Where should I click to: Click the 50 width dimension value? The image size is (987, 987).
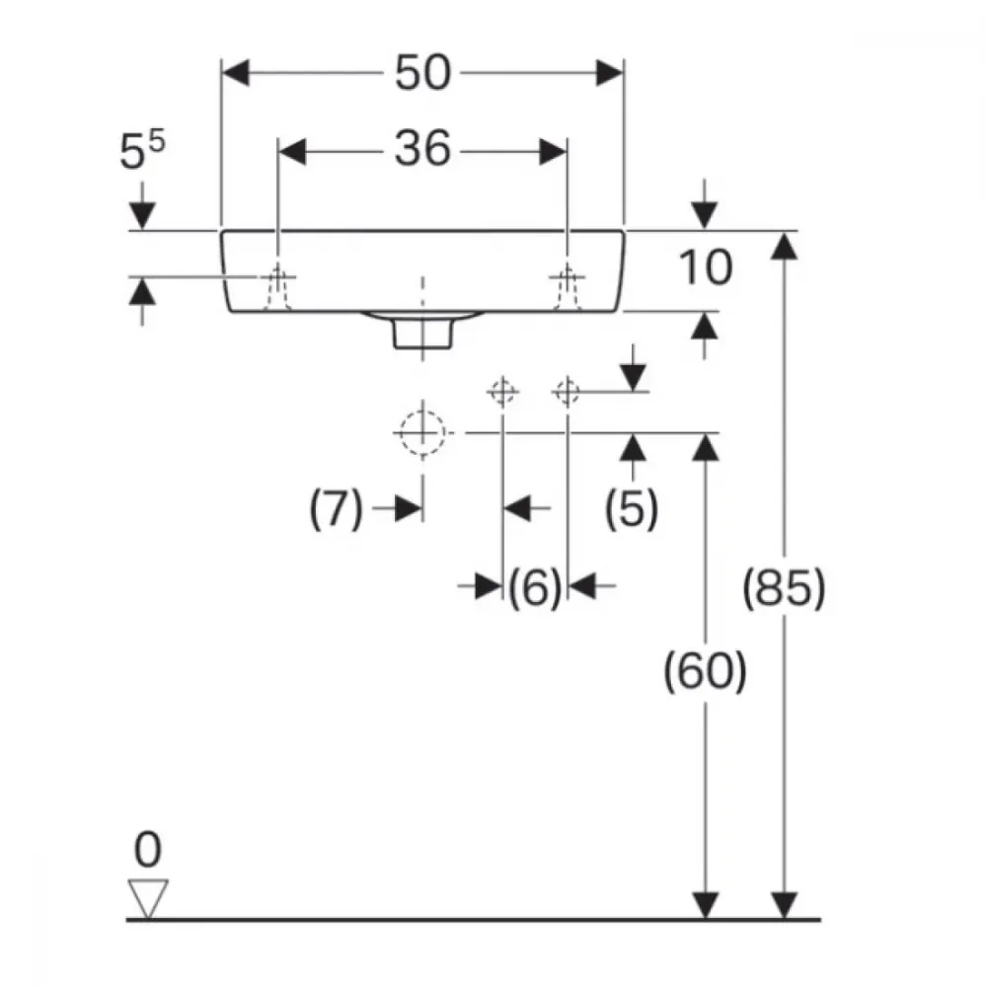(x=422, y=73)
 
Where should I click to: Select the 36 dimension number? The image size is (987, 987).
(x=422, y=149)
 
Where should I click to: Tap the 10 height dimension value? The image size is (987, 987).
(x=705, y=267)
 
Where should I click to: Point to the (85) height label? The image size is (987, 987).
(x=784, y=588)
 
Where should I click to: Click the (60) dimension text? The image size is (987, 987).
(x=705, y=671)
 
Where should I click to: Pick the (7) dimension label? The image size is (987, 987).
(x=337, y=508)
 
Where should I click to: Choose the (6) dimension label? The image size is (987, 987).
(x=534, y=587)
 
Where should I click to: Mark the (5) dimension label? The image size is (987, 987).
(x=632, y=508)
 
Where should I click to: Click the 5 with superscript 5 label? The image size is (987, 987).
(x=142, y=150)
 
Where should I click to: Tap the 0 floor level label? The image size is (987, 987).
(x=148, y=850)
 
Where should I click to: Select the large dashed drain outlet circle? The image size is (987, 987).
(x=422, y=433)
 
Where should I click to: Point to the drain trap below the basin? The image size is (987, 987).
(x=422, y=330)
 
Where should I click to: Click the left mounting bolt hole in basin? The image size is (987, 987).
(x=277, y=288)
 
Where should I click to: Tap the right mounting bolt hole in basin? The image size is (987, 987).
(x=568, y=288)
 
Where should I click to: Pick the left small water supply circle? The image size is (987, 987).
(x=502, y=392)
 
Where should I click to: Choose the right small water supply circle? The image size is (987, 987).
(x=568, y=392)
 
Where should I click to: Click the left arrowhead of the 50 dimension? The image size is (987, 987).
(x=236, y=73)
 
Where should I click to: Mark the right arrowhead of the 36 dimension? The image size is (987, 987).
(x=553, y=152)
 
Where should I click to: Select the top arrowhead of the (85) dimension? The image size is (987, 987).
(x=784, y=246)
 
